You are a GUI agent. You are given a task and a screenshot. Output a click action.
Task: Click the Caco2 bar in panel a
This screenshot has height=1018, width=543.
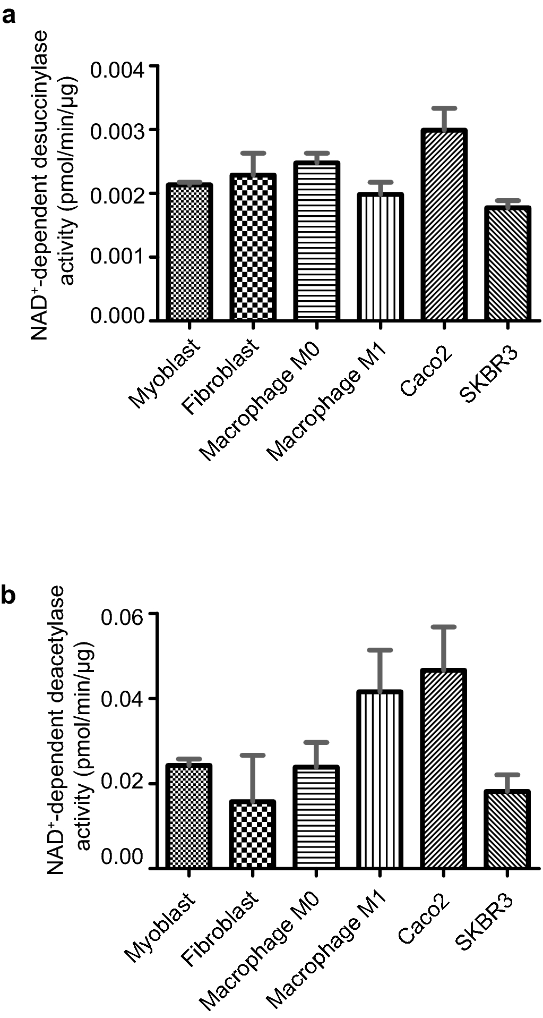(x=444, y=226)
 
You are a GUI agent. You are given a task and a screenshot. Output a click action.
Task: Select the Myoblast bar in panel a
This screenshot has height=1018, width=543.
(x=189, y=252)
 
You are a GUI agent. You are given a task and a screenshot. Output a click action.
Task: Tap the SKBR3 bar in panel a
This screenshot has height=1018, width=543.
(x=508, y=264)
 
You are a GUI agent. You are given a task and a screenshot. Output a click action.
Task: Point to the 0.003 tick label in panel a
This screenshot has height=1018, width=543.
(x=117, y=131)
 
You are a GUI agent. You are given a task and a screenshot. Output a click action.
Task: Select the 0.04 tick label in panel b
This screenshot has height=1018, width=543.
(x=123, y=699)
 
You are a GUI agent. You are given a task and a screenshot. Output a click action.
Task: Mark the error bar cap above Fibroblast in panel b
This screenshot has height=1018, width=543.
(x=253, y=755)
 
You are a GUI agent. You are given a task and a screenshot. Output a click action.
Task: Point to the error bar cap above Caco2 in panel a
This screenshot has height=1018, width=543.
(x=444, y=108)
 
